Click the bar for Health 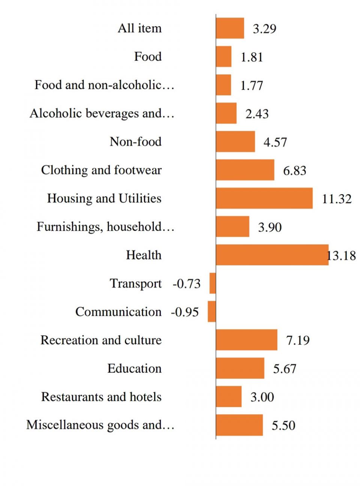coord(272,255)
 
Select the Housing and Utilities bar coord(264,198)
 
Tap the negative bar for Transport coord(213,283)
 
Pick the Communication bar coord(212,311)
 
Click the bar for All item coord(230,28)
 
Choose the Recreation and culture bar coord(246,340)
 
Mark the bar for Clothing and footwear coord(245,170)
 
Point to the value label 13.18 coord(341,256)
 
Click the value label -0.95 coord(185,312)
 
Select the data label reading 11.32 coord(337,199)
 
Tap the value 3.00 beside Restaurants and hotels coord(262,397)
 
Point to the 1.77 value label coord(252,85)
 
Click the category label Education coord(134,368)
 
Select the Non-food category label coord(135,141)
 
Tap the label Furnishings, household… coord(105,226)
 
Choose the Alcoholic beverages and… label coord(102,113)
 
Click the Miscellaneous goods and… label coord(100,425)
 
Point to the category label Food coord(148,57)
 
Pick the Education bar coord(240,368)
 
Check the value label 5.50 coord(283,425)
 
